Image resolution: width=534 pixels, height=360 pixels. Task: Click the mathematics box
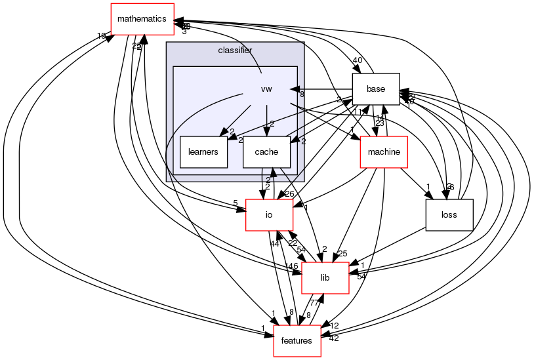[x=142, y=19]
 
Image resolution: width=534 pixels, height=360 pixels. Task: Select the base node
[x=376, y=89]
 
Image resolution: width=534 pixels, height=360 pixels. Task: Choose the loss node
[x=449, y=214]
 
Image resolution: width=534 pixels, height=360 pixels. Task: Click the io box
[x=269, y=214]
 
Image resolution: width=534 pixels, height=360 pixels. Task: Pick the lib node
[x=325, y=278]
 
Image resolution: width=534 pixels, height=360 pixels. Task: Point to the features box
[x=297, y=341]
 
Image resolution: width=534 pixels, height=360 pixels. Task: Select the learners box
[x=203, y=152]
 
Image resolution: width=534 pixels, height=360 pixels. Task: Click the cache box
[x=266, y=152]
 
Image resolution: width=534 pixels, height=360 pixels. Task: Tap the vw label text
[x=266, y=89]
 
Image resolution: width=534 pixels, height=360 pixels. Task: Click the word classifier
[x=235, y=50]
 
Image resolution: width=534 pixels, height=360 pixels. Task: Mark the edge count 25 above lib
[x=341, y=254]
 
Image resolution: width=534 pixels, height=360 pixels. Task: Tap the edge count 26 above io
[x=289, y=194]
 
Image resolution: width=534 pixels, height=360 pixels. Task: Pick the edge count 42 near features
[x=334, y=338]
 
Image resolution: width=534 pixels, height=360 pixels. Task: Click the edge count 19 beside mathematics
[x=101, y=36]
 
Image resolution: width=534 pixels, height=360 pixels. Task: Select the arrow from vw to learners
[x=237, y=118]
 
